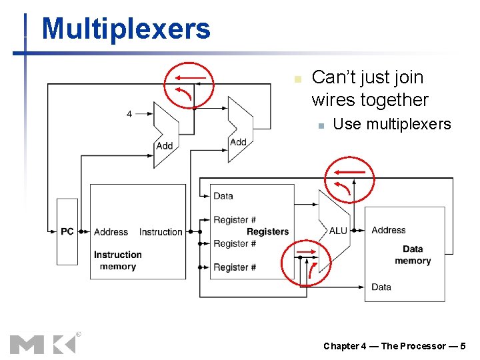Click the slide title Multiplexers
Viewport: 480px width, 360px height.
(125, 29)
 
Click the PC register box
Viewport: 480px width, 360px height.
(67, 231)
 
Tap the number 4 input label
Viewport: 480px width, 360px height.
(129, 114)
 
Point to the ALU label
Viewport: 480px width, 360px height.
(338, 231)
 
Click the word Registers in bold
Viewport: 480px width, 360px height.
(267, 231)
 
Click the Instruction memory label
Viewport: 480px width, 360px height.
(117, 261)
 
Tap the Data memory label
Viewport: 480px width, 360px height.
(412, 255)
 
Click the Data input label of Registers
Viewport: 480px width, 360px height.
(223, 196)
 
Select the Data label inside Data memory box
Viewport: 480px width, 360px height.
(381, 287)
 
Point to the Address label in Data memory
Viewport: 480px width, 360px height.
(388, 230)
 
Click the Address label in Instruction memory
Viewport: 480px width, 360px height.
(111, 232)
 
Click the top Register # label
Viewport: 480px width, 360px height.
(235, 220)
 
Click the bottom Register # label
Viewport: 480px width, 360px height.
(235, 267)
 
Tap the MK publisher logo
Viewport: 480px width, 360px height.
(43, 343)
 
